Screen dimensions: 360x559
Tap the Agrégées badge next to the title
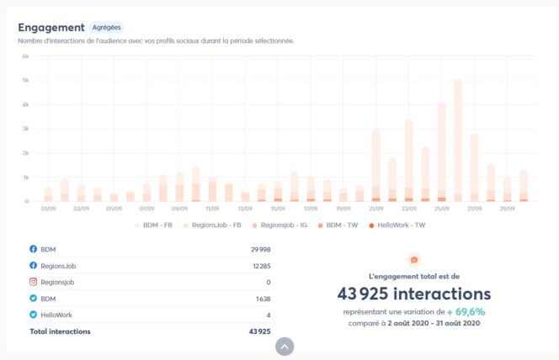click(x=106, y=28)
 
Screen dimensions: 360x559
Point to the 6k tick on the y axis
click(x=26, y=56)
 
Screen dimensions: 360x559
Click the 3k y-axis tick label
click(x=26, y=129)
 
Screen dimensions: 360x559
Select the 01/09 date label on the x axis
click(x=47, y=209)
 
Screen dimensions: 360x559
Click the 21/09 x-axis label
click(x=375, y=209)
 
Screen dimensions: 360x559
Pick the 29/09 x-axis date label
click(x=507, y=209)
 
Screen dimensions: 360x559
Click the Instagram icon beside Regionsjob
click(x=34, y=282)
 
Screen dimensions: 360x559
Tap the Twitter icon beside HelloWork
click(x=34, y=315)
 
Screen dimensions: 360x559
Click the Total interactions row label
click(x=60, y=331)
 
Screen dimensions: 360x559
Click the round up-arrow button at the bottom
click(x=285, y=346)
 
